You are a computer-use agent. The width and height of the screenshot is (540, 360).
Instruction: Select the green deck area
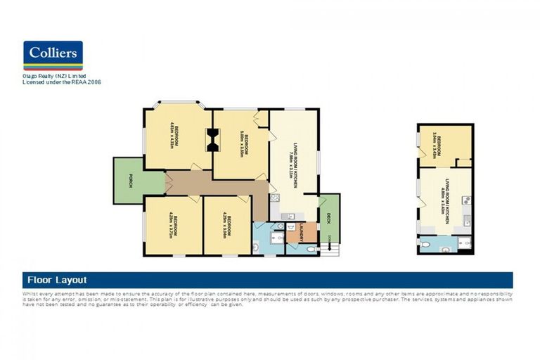329,218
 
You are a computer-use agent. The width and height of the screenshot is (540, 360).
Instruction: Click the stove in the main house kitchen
276,198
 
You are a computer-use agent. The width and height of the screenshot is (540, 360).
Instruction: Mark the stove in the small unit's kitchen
465,201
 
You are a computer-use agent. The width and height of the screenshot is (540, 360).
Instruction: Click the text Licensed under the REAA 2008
62,82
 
